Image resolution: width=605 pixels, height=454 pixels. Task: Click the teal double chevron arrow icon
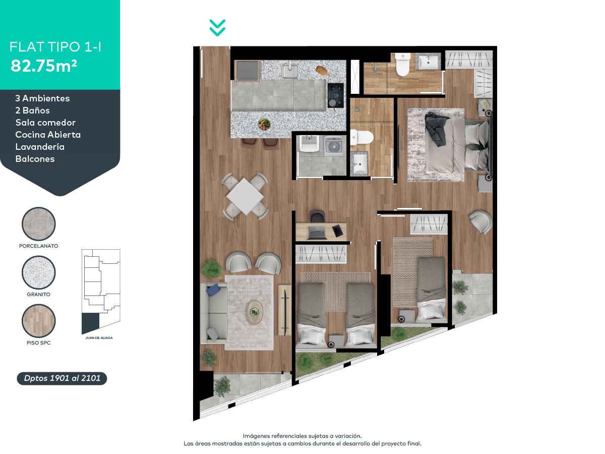pyautogui.click(x=217, y=28)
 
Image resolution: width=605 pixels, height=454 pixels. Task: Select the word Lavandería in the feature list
pyautogui.click(x=40, y=147)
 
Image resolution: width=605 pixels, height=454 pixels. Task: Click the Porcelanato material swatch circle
pyautogui.click(x=39, y=224)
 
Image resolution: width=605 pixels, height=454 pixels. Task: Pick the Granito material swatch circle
pyautogui.click(x=39, y=272)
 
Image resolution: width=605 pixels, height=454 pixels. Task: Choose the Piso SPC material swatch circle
pyautogui.click(x=39, y=321)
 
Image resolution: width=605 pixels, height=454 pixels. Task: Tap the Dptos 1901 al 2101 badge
pyautogui.click(x=62, y=378)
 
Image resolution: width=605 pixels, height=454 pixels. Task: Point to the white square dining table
pyautogui.click(x=246, y=196)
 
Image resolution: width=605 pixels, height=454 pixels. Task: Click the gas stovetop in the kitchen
pyautogui.click(x=335, y=95)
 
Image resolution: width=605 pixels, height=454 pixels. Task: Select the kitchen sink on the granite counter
pyautogui.click(x=289, y=71)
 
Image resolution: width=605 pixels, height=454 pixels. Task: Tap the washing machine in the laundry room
pyautogui.click(x=333, y=146)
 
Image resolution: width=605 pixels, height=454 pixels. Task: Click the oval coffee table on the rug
pyautogui.click(x=256, y=312)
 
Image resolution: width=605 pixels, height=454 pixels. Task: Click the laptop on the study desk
pyautogui.click(x=317, y=233)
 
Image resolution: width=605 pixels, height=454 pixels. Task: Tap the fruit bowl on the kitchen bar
pyautogui.click(x=264, y=124)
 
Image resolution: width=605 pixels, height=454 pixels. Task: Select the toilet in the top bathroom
pyautogui.click(x=403, y=65)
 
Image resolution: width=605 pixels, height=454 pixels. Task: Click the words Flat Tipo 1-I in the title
pyautogui.click(x=56, y=47)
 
